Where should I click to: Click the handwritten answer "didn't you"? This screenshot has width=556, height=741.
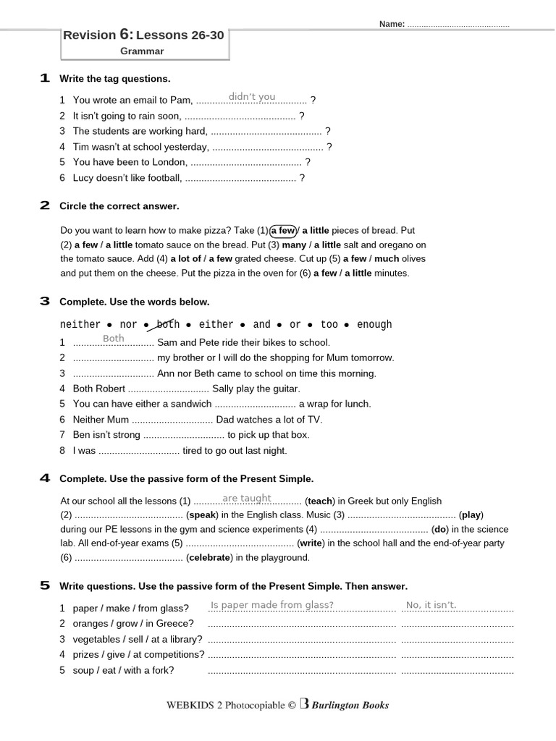pos(252,97)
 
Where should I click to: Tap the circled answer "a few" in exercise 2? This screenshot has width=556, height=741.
pos(283,231)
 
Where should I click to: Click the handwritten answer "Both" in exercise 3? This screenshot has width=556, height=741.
pos(114,339)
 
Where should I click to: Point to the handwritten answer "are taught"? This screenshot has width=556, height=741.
pos(247,499)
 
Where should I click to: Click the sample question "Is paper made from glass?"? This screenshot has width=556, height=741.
pos(272,605)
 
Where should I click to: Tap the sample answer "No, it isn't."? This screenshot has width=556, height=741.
pos(431,605)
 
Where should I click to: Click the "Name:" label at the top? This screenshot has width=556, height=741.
pos(392,25)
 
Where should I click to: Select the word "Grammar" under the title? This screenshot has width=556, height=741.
pos(142,51)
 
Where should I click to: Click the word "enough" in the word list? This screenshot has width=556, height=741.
pos(374,325)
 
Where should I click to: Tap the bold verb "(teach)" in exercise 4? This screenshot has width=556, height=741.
pos(320,501)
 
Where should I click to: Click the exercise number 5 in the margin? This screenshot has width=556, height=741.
pos(45,585)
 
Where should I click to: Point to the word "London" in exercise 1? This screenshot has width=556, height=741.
pos(170,163)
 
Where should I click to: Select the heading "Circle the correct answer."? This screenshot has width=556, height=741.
pos(119,206)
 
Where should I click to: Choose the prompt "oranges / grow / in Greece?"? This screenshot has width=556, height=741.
pos(133,624)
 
